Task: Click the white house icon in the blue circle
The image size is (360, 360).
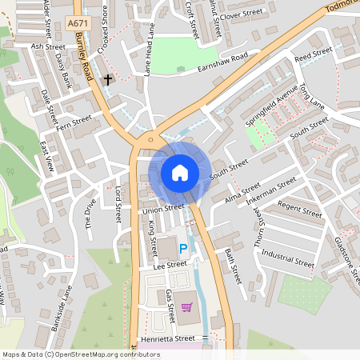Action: tap(180, 173)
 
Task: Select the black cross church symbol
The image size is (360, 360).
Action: tap(108, 80)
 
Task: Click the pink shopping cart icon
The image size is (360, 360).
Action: tap(186, 307)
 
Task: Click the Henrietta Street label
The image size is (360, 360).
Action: tap(168, 338)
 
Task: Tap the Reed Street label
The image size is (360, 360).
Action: tap(313, 54)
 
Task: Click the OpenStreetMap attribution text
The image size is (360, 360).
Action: tap(82, 354)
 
